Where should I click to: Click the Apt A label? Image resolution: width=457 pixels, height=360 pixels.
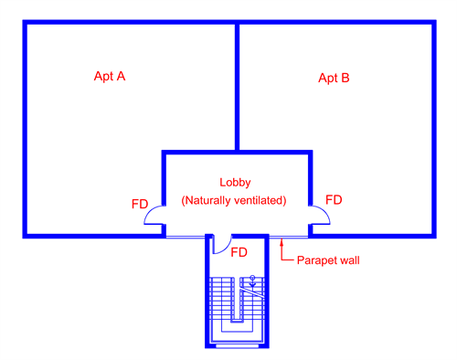pyautogui.click(x=110, y=76)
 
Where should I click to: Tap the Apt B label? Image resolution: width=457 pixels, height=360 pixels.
pyautogui.click(x=334, y=78)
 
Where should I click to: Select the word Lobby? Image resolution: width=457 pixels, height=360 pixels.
pyautogui.click(x=235, y=182)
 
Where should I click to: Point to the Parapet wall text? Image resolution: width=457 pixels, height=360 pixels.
pyautogui.click(x=329, y=260)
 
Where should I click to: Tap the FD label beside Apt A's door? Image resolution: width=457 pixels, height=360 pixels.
pyautogui.click(x=140, y=205)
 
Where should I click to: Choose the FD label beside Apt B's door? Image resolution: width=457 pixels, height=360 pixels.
pyautogui.click(x=334, y=199)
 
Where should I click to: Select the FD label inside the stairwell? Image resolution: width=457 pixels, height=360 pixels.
pyautogui.click(x=239, y=251)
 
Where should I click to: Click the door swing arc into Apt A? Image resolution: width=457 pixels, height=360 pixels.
pyautogui.click(x=153, y=217)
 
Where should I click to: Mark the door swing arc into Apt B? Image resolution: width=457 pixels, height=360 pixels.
pyautogui.click(x=320, y=215)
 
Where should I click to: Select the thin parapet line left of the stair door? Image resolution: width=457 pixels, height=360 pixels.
pyautogui.click(x=183, y=237)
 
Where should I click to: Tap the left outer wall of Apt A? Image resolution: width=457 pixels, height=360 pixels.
pyautogui.click(x=25, y=128)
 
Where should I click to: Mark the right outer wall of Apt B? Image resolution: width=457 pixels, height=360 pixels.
pyautogui.click(x=432, y=128)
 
